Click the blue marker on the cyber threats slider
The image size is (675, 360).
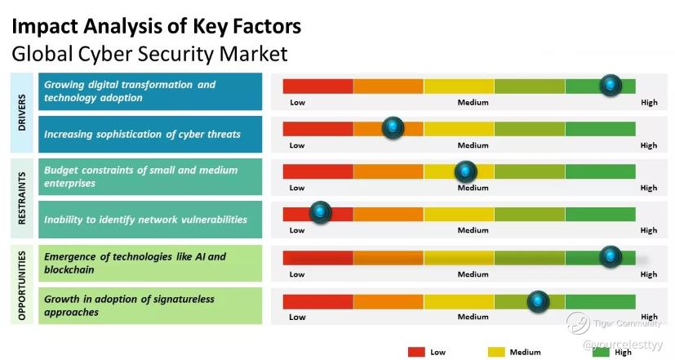(393, 127)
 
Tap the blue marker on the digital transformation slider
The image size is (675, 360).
(611, 85)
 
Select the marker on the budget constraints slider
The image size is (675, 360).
(465, 171)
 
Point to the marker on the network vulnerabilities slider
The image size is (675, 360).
(320, 212)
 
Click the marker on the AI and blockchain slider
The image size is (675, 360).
(611, 256)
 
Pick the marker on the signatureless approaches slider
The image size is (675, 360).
(538, 301)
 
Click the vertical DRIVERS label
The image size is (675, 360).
(22, 113)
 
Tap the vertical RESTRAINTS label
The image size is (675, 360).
(22, 198)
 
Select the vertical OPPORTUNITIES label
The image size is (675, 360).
(22, 285)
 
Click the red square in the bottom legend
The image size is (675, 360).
(416, 353)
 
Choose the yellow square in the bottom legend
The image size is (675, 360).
(496, 353)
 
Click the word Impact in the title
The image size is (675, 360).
(44, 26)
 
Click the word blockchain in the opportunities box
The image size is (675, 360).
(69, 269)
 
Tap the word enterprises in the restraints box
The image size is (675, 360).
(69, 184)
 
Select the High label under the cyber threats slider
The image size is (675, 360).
(649, 145)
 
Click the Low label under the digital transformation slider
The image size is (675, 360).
(297, 103)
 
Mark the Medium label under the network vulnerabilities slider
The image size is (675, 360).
(473, 230)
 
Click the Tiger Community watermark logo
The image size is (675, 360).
(578, 323)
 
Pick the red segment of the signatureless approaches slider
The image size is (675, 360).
(318, 302)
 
